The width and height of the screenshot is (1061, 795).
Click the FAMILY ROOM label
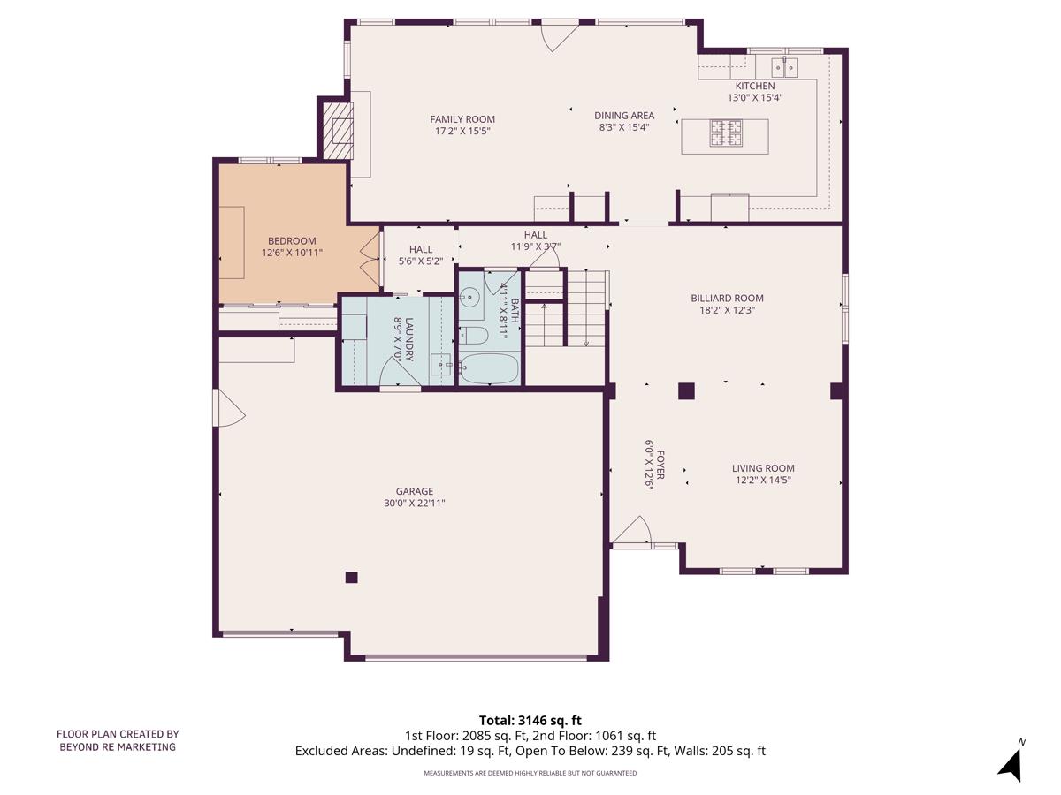coord(462,119)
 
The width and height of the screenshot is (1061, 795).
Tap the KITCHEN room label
coord(754,86)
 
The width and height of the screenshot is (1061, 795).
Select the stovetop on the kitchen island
coord(725,133)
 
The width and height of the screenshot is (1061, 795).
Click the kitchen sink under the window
coord(784,67)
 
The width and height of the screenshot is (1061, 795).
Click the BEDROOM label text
coord(292,241)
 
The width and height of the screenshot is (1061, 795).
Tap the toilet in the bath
coord(474,336)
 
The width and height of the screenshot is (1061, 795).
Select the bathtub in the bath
coord(489,368)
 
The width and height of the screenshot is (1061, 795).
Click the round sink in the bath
coord(469,296)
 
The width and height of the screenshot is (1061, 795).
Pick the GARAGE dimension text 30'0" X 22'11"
coord(415,503)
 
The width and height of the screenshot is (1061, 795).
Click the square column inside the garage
coord(351,578)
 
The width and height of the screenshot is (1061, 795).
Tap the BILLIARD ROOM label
coord(727,299)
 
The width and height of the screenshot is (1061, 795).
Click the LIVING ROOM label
coord(763,468)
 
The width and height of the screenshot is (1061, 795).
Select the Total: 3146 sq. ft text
coord(530,721)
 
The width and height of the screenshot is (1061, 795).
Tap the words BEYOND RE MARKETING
coord(118,747)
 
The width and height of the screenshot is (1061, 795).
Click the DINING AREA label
coord(624,116)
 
